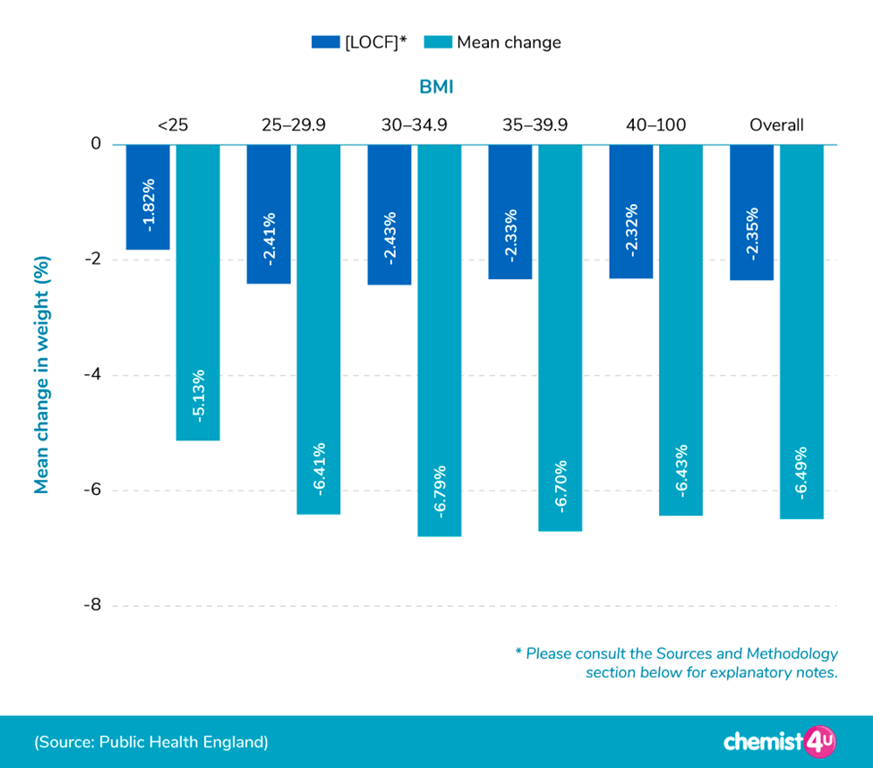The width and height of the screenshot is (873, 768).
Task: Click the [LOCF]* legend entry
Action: [359, 42]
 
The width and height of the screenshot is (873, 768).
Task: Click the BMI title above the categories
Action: [436, 87]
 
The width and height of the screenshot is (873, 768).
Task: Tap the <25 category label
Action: [173, 125]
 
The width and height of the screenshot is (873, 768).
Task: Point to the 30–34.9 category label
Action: [414, 125]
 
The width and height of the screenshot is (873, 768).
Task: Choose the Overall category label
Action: [776, 125]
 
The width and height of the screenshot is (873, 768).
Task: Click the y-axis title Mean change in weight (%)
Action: [41, 375]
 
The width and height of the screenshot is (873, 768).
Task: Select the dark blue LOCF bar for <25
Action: [148, 197]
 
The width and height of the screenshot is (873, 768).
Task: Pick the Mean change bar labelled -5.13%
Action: [198, 292]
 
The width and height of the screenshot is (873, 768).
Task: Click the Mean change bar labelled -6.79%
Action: [440, 340]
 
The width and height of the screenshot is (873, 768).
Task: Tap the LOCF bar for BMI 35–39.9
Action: [510, 211]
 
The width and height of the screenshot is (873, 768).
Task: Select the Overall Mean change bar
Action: [801, 331]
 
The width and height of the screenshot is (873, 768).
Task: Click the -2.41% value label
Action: [269, 238]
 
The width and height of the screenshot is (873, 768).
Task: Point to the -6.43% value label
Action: [681, 470]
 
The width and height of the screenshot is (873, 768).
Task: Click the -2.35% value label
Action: [752, 234]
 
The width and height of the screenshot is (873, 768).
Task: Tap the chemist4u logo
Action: [778, 741]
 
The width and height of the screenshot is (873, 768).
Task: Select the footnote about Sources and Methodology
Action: [677, 662]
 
